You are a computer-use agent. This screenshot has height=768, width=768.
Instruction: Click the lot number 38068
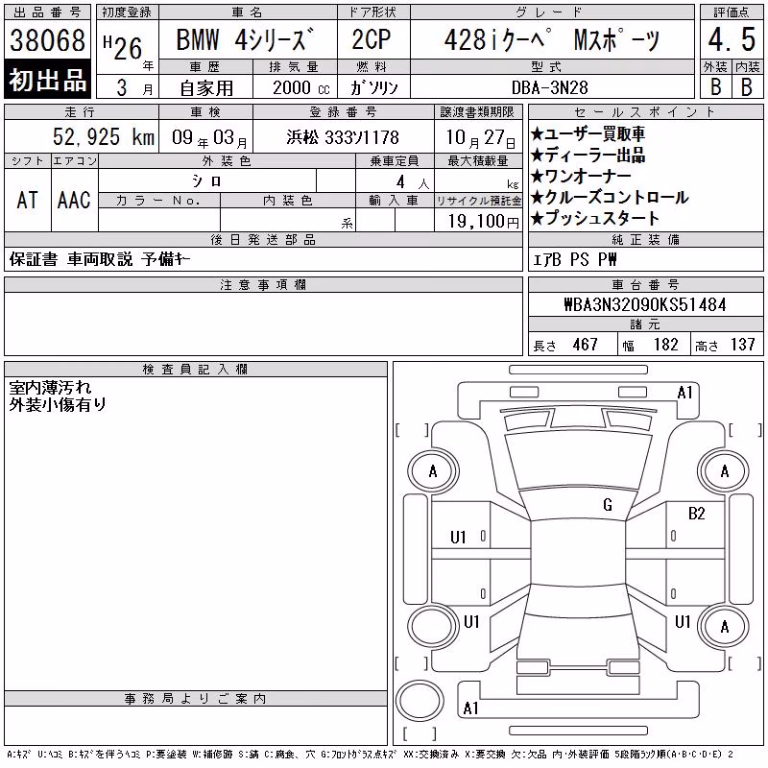pyautogui.click(x=47, y=40)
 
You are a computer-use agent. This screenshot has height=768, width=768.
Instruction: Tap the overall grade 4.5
pyautogui.click(x=732, y=39)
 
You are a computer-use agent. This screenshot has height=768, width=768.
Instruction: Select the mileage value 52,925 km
pyautogui.click(x=104, y=137)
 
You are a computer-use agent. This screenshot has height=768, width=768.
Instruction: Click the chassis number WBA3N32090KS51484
pyautogui.click(x=645, y=304)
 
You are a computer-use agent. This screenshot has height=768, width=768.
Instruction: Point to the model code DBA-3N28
pyautogui.click(x=549, y=87)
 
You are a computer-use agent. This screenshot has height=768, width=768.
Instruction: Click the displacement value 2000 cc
pyautogui.click(x=301, y=88)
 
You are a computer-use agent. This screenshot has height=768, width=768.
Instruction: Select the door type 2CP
pyautogui.click(x=372, y=39)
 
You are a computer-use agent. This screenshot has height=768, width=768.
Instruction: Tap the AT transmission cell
pyautogui.click(x=28, y=200)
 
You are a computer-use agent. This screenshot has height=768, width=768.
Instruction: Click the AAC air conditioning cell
pyautogui.click(x=74, y=200)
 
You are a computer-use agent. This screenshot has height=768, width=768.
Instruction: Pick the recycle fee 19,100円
pyautogui.click(x=484, y=222)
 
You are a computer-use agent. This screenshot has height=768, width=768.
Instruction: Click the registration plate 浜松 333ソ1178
pyautogui.click(x=343, y=137)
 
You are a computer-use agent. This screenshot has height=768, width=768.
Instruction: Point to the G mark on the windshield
pyautogui.click(x=608, y=505)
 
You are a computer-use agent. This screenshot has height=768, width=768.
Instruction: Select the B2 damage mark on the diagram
pyautogui.click(x=696, y=514)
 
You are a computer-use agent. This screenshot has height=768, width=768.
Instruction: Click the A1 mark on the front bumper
pyautogui.click(x=684, y=393)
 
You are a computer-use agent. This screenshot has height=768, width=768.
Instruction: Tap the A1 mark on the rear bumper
pyautogui.click(x=470, y=708)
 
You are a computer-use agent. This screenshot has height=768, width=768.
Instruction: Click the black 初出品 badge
pyautogui.click(x=47, y=80)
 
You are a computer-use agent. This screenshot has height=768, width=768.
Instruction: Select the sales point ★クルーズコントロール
pyautogui.click(x=610, y=198)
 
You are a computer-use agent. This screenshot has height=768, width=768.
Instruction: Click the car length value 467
pyautogui.click(x=585, y=345)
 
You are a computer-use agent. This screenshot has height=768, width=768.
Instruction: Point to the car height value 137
pyautogui.click(x=742, y=345)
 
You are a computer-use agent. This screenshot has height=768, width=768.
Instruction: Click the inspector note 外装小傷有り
pyautogui.click(x=58, y=404)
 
